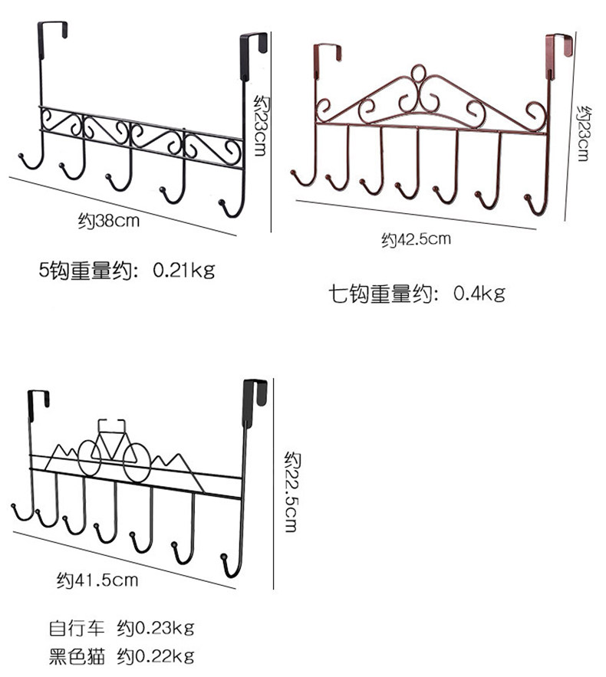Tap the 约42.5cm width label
click(x=416, y=239)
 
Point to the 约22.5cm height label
click(x=292, y=491)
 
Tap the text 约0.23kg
click(x=156, y=629)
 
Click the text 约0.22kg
click(x=156, y=656)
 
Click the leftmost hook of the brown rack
click(x=297, y=174)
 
